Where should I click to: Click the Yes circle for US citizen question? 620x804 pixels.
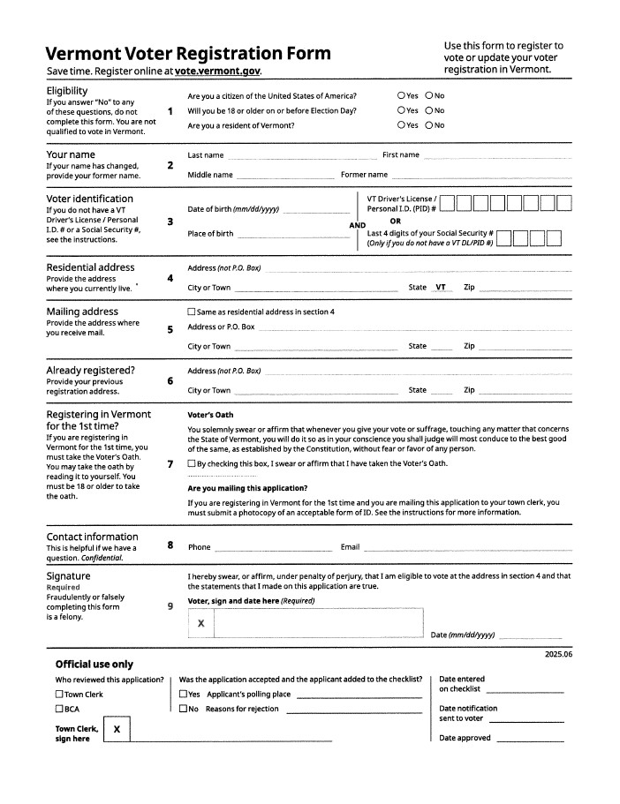point(401,95)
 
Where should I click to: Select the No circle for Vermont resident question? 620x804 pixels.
point(429,125)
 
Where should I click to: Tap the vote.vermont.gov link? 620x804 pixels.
point(218,71)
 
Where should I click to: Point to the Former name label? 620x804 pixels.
point(364,175)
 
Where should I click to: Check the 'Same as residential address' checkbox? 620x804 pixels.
point(192,312)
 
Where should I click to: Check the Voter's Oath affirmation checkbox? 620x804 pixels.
point(192,463)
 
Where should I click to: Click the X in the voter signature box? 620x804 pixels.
point(201,623)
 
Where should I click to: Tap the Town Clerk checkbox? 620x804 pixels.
point(59,695)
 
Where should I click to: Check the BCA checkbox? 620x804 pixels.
point(59,709)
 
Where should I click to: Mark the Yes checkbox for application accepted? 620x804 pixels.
point(183,695)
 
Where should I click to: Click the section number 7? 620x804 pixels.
point(170,463)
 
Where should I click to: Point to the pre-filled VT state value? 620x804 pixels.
point(441,288)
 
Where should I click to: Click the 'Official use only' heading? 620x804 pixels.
point(94,664)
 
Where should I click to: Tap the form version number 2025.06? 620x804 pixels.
point(558,654)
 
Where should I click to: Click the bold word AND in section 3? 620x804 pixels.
point(357,226)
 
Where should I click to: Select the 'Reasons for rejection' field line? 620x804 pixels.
point(353,710)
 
